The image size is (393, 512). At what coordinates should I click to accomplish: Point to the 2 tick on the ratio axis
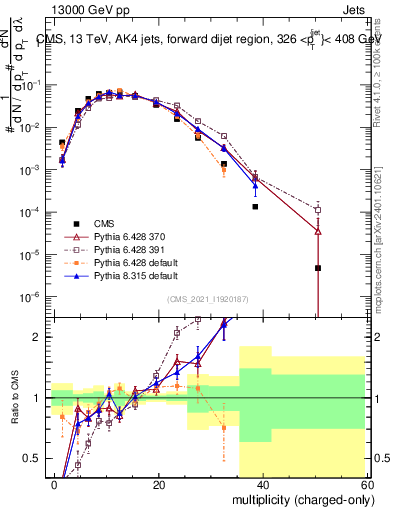click(35, 337)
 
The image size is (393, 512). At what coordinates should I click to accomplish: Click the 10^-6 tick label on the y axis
click(27, 296)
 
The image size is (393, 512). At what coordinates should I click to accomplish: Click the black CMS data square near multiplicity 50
click(317, 268)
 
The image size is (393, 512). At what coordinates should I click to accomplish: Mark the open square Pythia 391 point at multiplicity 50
click(317, 210)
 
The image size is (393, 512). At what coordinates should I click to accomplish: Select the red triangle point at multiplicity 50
click(317, 231)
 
